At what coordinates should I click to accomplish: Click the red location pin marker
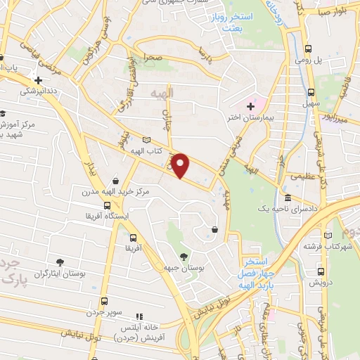click(x=181, y=166)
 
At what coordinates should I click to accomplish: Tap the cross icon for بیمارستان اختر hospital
click(x=250, y=105)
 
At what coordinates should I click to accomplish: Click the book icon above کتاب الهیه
click(x=146, y=140)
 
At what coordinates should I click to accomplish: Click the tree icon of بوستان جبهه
click(x=184, y=257)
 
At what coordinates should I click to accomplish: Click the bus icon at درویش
click(x=313, y=271)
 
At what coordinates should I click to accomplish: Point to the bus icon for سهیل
click(x=311, y=92)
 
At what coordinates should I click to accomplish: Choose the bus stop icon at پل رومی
click(x=308, y=49)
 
